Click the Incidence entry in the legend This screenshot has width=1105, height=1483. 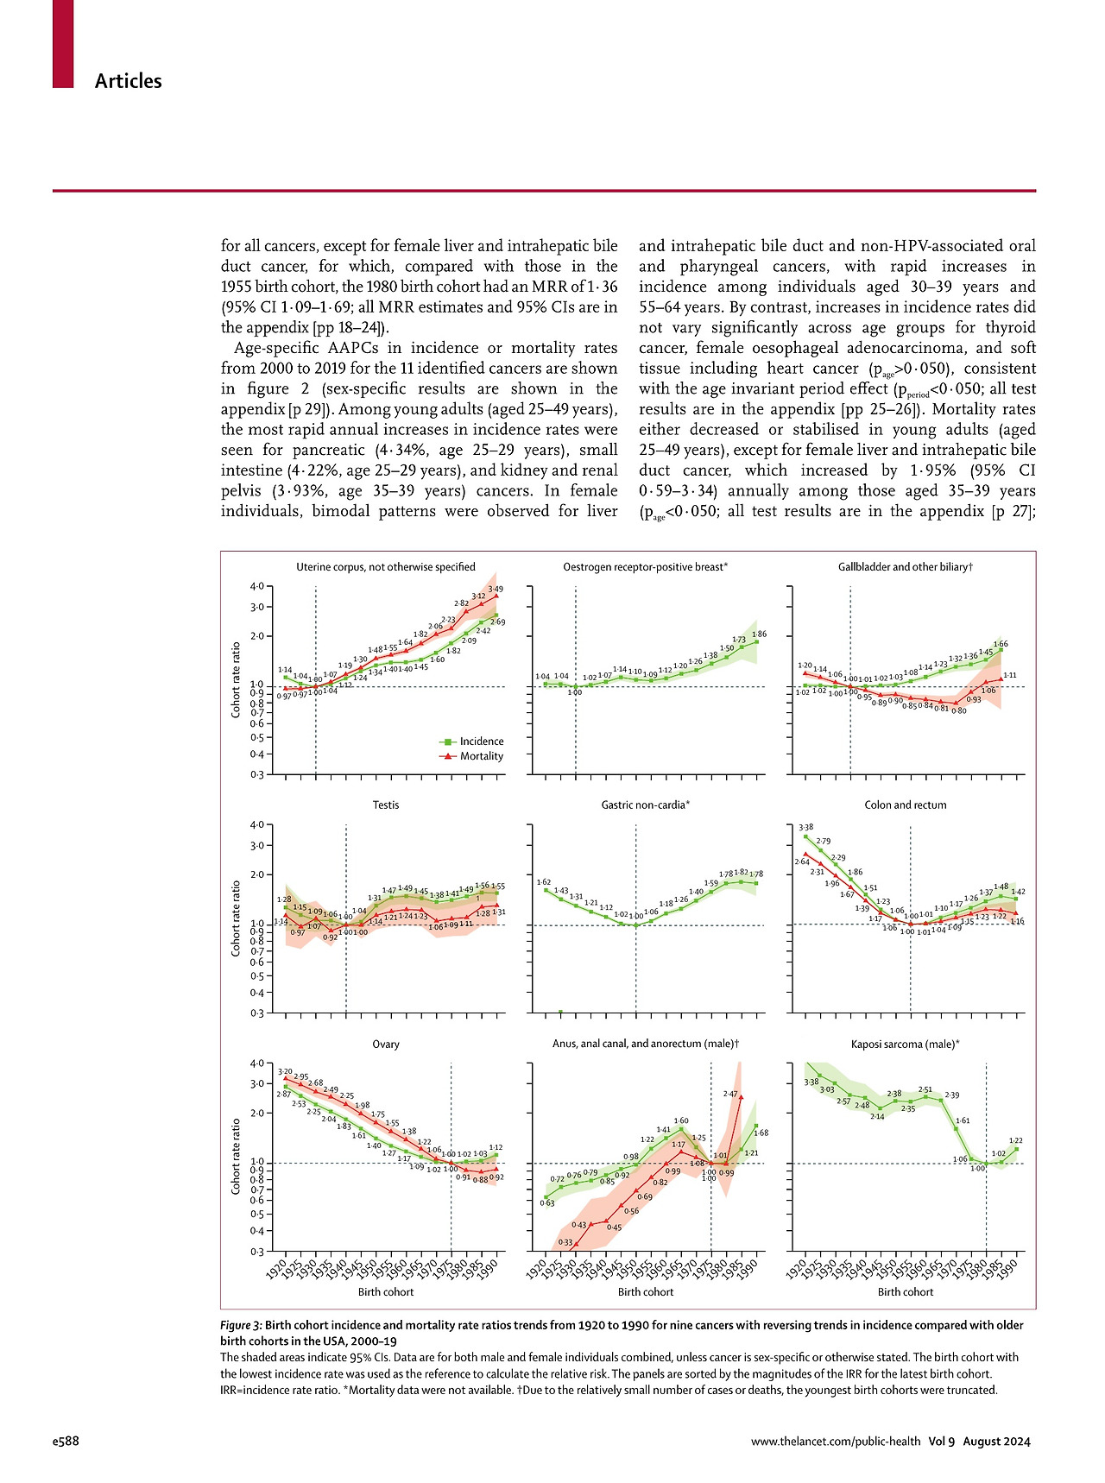tap(481, 741)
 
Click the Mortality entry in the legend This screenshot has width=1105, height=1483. tap(481, 756)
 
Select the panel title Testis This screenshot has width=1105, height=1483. tap(385, 805)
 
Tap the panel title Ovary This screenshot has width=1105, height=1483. tap(385, 1044)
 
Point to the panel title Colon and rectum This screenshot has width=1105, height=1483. tap(905, 805)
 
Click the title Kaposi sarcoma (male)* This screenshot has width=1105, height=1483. tap(905, 1044)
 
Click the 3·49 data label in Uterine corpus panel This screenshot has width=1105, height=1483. tap(496, 590)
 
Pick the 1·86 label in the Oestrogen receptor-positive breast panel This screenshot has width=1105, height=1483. tap(759, 634)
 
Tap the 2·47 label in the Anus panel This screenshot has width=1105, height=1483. tap(729, 1094)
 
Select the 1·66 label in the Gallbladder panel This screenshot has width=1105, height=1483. tap(1000, 644)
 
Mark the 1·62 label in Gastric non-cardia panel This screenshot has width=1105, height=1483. tap(544, 882)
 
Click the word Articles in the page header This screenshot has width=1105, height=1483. tap(128, 81)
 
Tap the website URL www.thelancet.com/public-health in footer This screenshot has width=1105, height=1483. tap(835, 1441)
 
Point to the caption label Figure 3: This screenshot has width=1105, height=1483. tap(241, 1325)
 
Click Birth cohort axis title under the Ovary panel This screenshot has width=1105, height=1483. tap(385, 1292)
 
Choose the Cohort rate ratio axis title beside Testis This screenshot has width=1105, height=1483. tap(236, 918)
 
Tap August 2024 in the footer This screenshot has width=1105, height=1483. tap(996, 1441)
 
